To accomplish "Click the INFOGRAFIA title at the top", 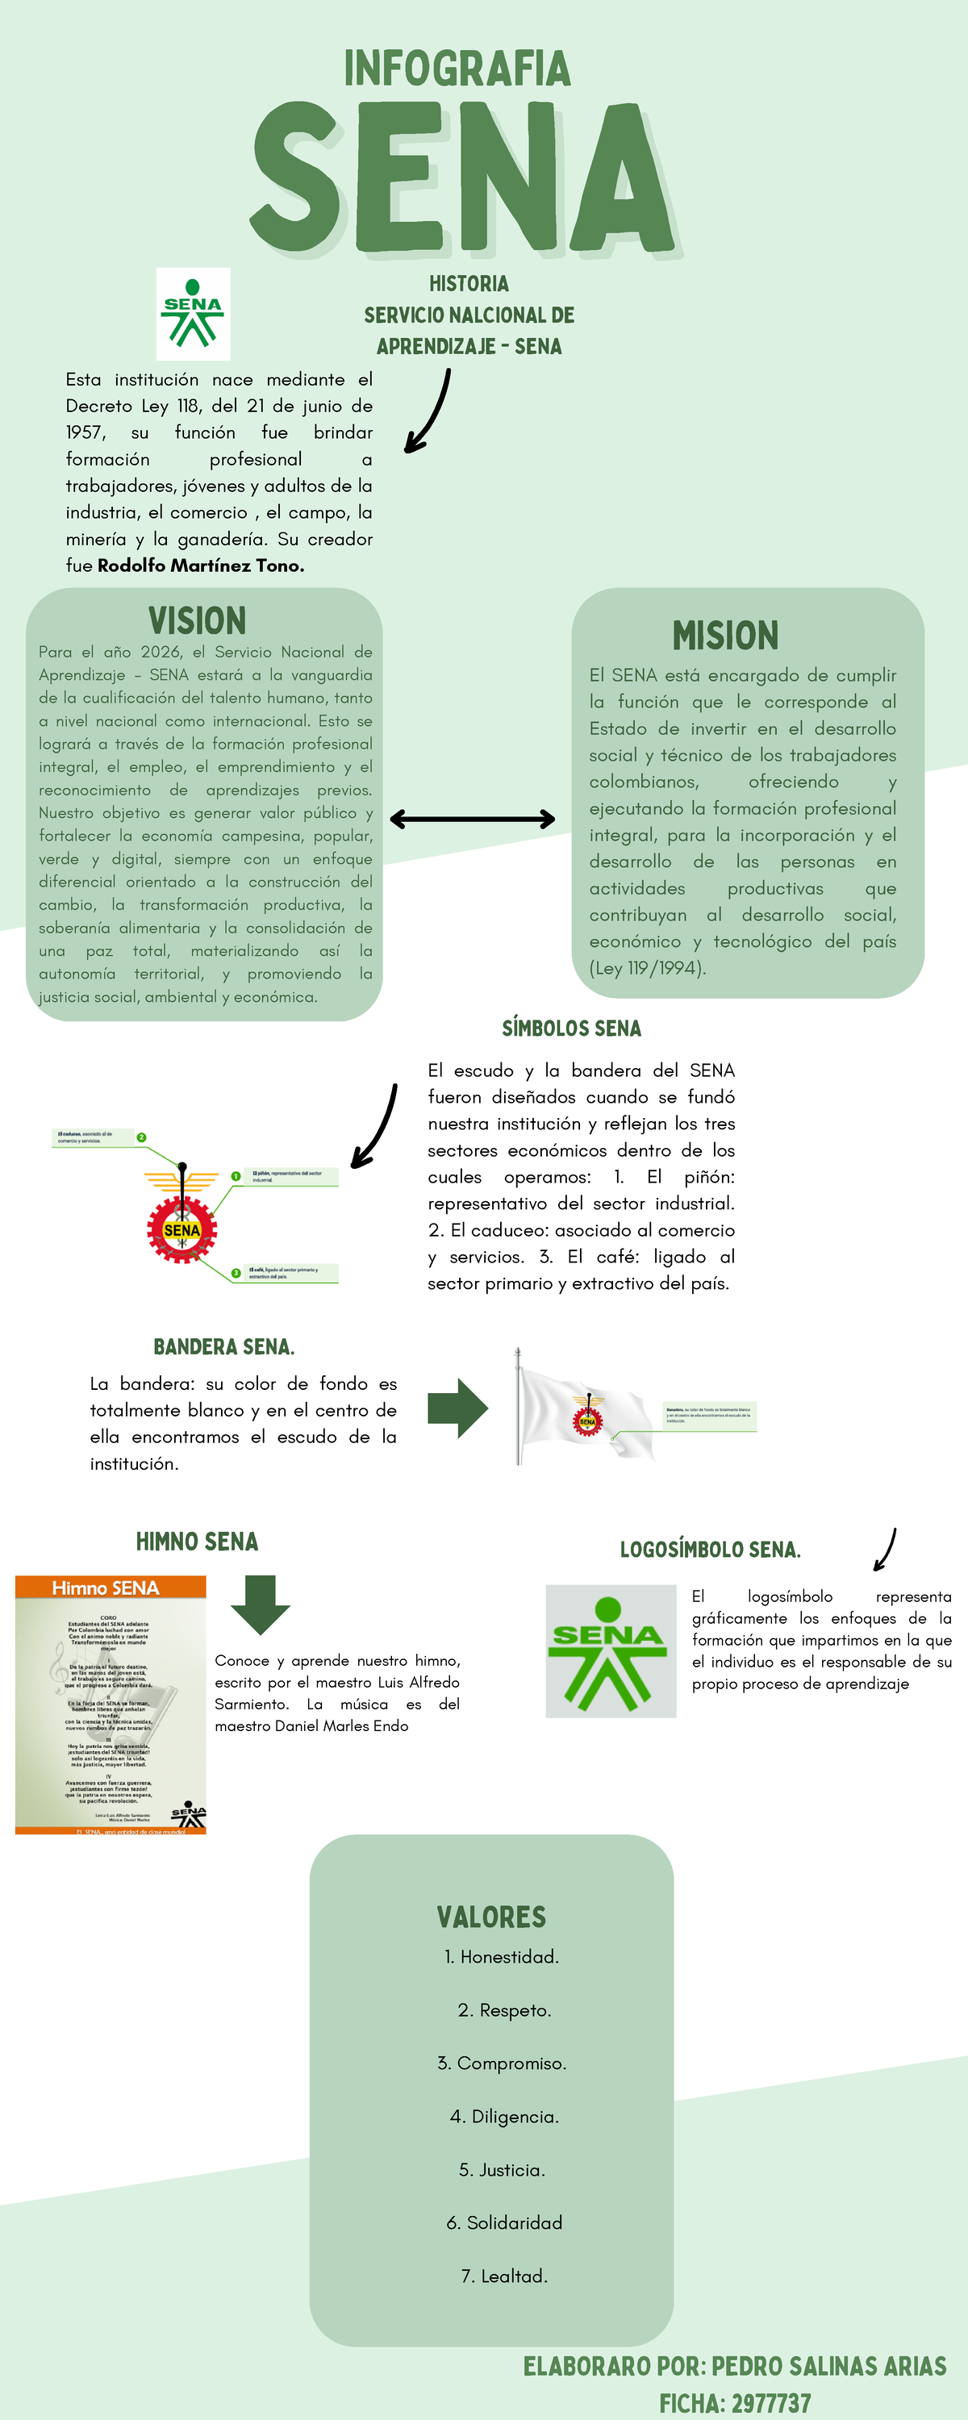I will pos(457,68).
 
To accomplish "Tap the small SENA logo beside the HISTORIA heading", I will pos(193,314).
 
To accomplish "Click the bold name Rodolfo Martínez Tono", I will pos(201,565).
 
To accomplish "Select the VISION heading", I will pos(198,621).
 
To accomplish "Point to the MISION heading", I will pos(725,635).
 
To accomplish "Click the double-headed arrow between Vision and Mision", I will pos(472,820).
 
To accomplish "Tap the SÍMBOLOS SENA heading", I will pos(571,1028).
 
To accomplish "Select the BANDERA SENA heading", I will pos(223,1347).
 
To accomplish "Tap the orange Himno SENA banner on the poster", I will pos(110,1588).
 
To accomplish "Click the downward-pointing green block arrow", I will pos(261,1605).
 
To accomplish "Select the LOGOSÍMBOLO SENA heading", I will pos(711,1550).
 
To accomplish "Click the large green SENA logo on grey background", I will pos(611,1651).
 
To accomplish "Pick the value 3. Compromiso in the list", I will pos(502,2063).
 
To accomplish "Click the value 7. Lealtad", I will pos(505,2276).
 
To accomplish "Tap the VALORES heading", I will pos(491,1917).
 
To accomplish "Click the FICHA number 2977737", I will pos(770,2403).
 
